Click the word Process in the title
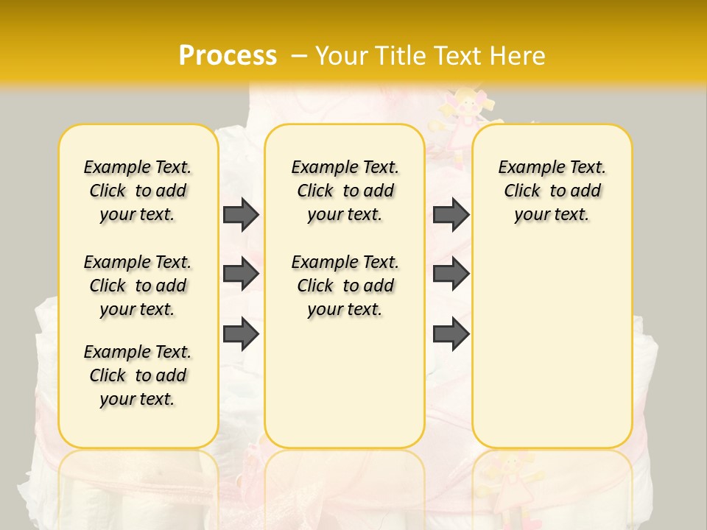(228, 55)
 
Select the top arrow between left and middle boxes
(241, 214)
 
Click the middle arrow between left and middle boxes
(241, 274)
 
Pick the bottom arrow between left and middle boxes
(241, 335)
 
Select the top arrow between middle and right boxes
(451, 214)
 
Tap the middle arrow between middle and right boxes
(451, 274)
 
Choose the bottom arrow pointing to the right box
(451, 335)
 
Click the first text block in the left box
(138, 191)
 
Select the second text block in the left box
(138, 286)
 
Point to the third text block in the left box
(138, 375)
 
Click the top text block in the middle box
(345, 191)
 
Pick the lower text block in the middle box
(345, 286)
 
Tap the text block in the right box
(552, 191)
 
